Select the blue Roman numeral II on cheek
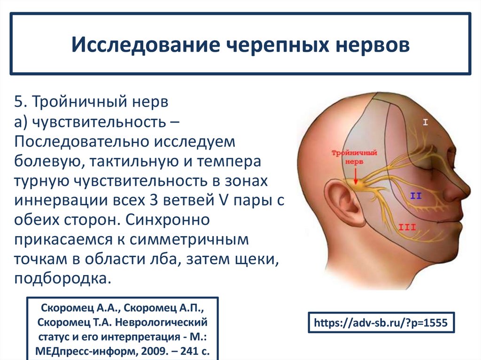click(415, 196)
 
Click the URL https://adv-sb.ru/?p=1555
click(381, 322)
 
